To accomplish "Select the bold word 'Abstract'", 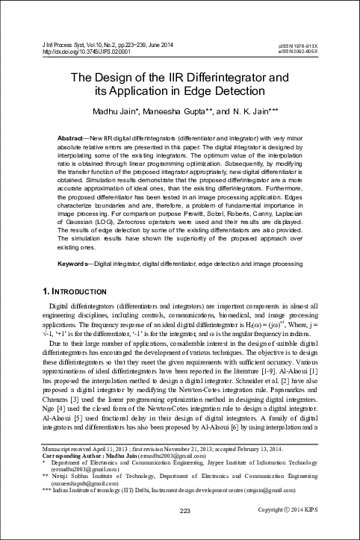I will [72, 140].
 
